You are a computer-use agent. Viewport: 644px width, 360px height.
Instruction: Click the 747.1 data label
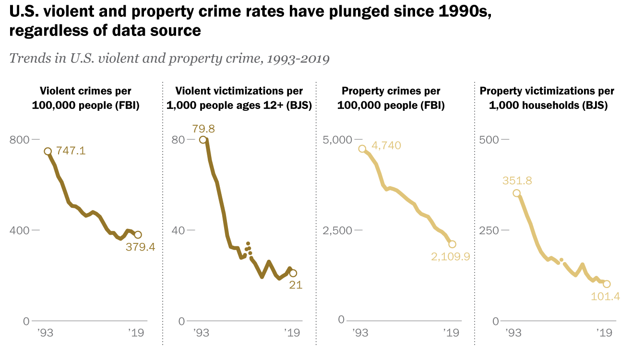tap(71, 151)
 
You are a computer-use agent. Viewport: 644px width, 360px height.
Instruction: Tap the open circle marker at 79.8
tap(203, 140)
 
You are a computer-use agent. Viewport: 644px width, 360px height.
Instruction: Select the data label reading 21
tap(295, 285)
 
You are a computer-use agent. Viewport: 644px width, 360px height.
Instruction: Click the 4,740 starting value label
tap(386, 145)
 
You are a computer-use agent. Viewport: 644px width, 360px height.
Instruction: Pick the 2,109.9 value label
tap(450, 257)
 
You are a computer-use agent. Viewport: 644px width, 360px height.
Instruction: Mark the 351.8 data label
tap(517, 181)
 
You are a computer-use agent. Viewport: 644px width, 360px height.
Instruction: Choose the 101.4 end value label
tap(606, 296)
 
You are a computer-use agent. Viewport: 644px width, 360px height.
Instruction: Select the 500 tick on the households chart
tap(489, 140)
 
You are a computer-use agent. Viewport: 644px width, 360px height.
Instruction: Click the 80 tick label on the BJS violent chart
tap(178, 140)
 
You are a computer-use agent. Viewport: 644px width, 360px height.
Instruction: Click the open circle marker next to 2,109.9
tap(452, 244)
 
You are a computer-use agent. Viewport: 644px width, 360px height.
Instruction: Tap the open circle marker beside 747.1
tap(48, 152)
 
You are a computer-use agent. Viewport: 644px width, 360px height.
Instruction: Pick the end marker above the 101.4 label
tap(607, 284)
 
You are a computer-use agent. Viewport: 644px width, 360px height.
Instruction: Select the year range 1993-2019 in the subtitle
tap(298, 59)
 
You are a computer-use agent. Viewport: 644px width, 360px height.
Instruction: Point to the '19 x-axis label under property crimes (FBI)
tap(450, 333)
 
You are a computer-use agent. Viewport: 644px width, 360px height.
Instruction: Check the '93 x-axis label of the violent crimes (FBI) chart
tap(45, 333)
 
